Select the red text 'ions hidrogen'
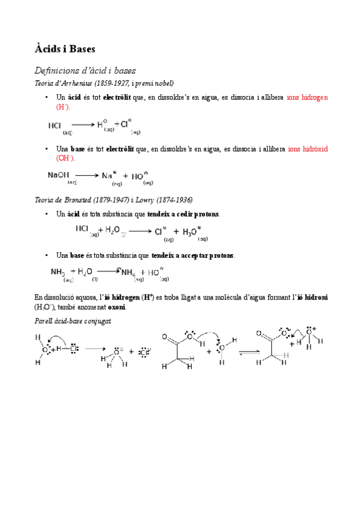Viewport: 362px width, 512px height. point(308,97)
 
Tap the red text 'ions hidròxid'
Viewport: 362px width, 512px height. point(308,149)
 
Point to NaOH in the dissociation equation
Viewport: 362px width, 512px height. point(59,175)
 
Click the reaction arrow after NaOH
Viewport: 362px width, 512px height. point(86,176)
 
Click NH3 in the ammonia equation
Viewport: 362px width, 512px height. point(58,272)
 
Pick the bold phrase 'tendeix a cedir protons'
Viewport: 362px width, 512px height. point(184,214)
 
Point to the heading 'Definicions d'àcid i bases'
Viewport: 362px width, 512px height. point(85,70)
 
